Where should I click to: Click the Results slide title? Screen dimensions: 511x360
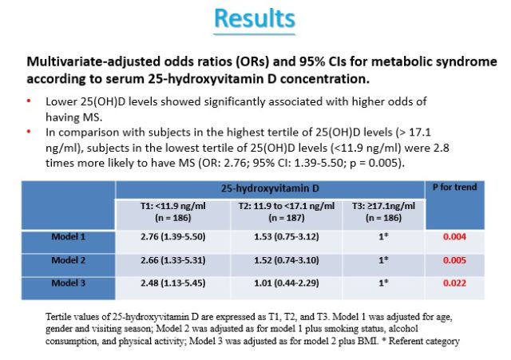point(255,18)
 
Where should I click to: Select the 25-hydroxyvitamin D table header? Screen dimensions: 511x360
point(270,188)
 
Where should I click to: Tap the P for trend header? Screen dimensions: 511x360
point(454,187)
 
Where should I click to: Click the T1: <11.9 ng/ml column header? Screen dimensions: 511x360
point(173,212)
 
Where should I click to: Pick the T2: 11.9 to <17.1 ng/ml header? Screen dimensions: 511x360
point(287,212)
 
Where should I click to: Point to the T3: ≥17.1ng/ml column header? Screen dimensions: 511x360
point(383,212)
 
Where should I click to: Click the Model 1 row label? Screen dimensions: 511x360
point(69,236)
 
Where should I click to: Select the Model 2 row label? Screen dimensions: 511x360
point(69,260)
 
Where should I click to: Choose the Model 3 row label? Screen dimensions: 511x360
point(69,283)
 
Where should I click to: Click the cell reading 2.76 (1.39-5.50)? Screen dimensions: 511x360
point(173,236)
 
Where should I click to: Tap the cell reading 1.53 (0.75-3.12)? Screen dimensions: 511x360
point(287,236)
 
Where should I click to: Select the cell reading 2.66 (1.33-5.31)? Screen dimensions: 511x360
point(173,260)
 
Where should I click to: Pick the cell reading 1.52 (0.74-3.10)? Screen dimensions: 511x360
point(287,260)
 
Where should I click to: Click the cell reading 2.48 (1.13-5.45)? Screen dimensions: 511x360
point(173,283)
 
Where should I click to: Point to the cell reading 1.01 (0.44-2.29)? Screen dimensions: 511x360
point(287,283)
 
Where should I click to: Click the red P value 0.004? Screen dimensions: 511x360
point(454,236)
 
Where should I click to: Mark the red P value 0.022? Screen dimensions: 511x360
point(454,283)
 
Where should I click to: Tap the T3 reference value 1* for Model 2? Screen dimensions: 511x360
point(383,260)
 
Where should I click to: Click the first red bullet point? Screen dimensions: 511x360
point(29,101)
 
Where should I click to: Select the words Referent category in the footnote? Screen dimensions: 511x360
point(424,341)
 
